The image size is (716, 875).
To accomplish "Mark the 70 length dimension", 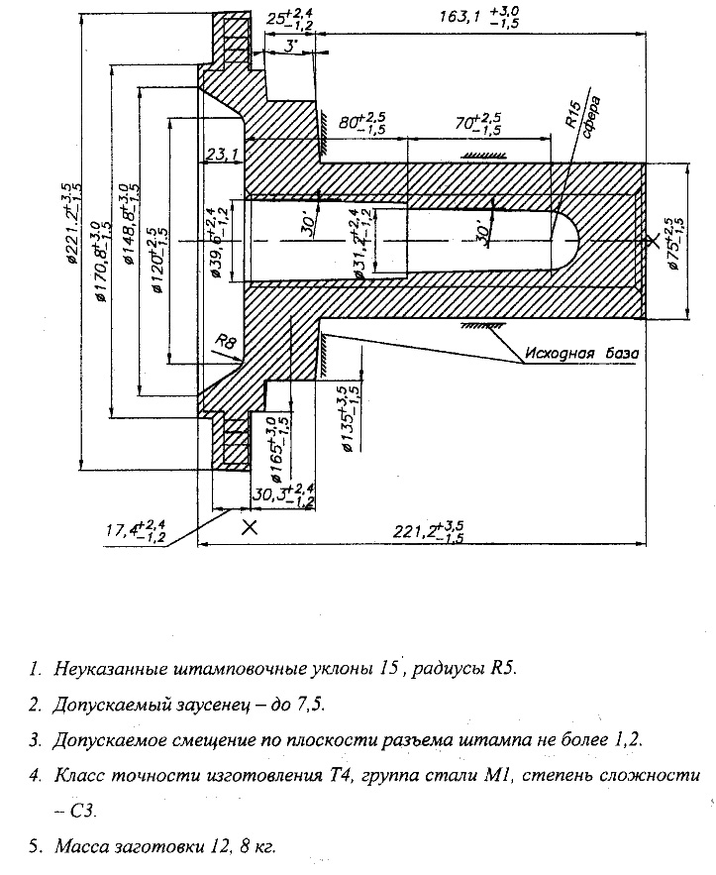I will pyautogui.click(x=477, y=123).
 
